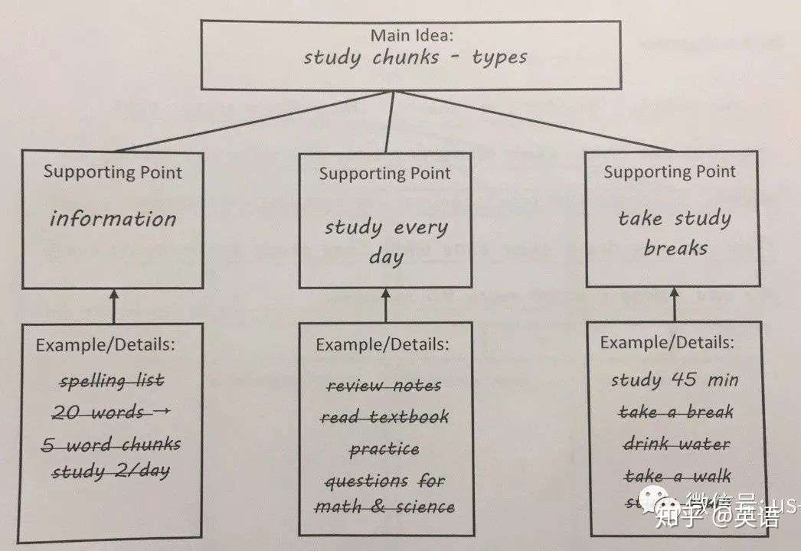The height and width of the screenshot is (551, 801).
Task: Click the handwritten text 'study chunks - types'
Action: click(x=414, y=58)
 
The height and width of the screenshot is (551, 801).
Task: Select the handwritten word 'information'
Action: click(x=113, y=219)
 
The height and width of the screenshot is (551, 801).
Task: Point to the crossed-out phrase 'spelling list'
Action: click(x=112, y=380)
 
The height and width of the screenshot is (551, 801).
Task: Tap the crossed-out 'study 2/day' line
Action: click(x=111, y=471)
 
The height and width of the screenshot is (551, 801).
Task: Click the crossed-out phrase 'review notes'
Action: click(x=384, y=386)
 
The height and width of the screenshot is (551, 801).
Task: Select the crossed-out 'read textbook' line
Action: click(x=384, y=418)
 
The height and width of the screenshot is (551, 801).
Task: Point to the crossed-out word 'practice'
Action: click(x=384, y=449)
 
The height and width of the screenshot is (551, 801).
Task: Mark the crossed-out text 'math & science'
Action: click(x=384, y=507)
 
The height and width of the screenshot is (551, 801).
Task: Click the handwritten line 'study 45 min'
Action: click(x=675, y=380)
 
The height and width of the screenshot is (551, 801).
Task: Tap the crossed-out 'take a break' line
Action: click(x=676, y=412)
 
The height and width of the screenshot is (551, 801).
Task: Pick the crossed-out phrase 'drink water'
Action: click(x=676, y=444)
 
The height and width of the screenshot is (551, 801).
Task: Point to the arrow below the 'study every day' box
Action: click(x=385, y=305)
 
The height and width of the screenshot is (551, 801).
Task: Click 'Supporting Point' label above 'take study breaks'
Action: click(x=670, y=172)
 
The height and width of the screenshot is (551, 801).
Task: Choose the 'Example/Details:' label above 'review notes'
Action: click(x=382, y=345)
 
